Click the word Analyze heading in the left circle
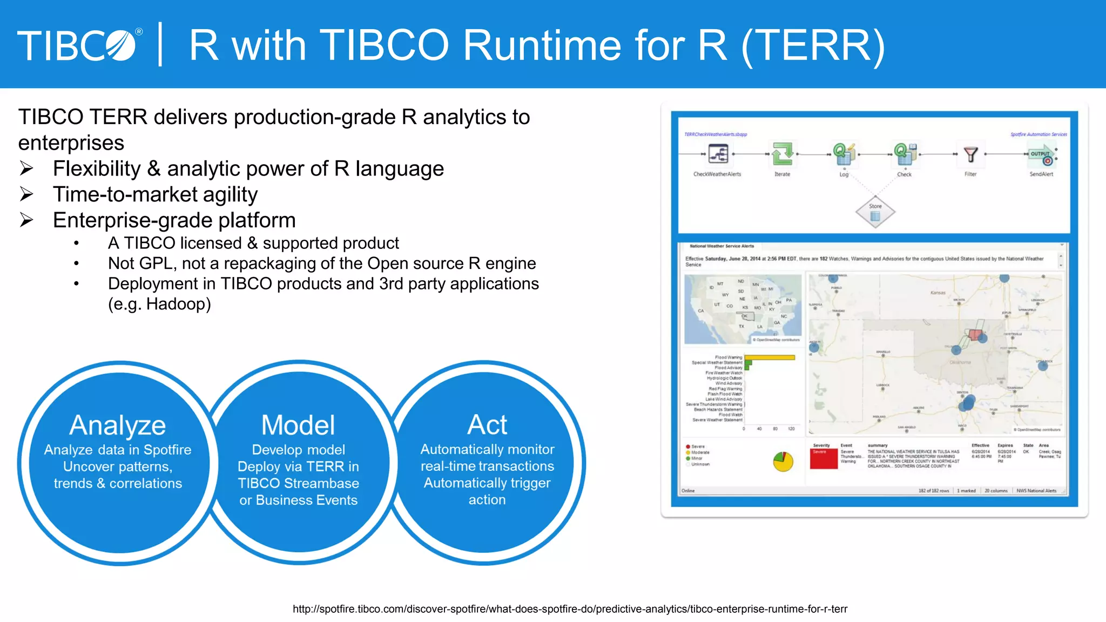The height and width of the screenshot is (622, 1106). pyautogui.click(x=118, y=425)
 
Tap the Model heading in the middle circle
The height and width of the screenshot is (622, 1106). pyautogui.click(x=298, y=425)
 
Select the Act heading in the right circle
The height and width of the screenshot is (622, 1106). pyautogui.click(x=487, y=425)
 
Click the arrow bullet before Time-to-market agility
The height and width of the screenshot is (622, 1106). pyautogui.click(x=27, y=194)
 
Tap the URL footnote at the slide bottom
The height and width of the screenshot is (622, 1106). pyautogui.click(x=570, y=609)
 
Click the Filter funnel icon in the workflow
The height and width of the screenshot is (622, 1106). pyautogui.click(x=970, y=155)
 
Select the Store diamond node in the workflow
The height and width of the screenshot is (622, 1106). pyautogui.click(x=875, y=213)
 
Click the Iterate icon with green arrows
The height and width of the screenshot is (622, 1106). pyautogui.click(x=782, y=154)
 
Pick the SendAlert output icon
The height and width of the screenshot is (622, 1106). pyautogui.click(x=1042, y=155)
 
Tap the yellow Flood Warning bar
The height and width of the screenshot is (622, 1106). pyautogui.click(x=770, y=357)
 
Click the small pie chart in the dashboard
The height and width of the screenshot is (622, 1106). pyautogui.click(x=783, y=462)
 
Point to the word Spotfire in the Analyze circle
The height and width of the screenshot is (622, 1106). pyautogui.click(x=167, y=450)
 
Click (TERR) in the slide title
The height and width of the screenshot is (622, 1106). pyautogui.click(x=813, y=45)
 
